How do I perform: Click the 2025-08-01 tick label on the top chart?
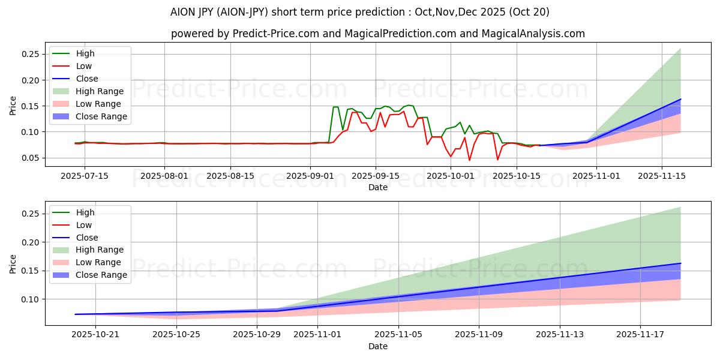click(165, 176)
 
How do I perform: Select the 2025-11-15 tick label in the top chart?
click(662, 176)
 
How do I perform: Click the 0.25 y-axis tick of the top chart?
click(31, 55)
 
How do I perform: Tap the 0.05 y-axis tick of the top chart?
click(31, 158)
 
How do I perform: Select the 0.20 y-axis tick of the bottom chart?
click(31, 242)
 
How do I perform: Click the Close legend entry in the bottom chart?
click(87, 238)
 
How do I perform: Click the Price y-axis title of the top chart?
click(13, 106)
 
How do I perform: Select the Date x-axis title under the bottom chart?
click(378, 346)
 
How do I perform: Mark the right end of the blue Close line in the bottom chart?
click(680, 263)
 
